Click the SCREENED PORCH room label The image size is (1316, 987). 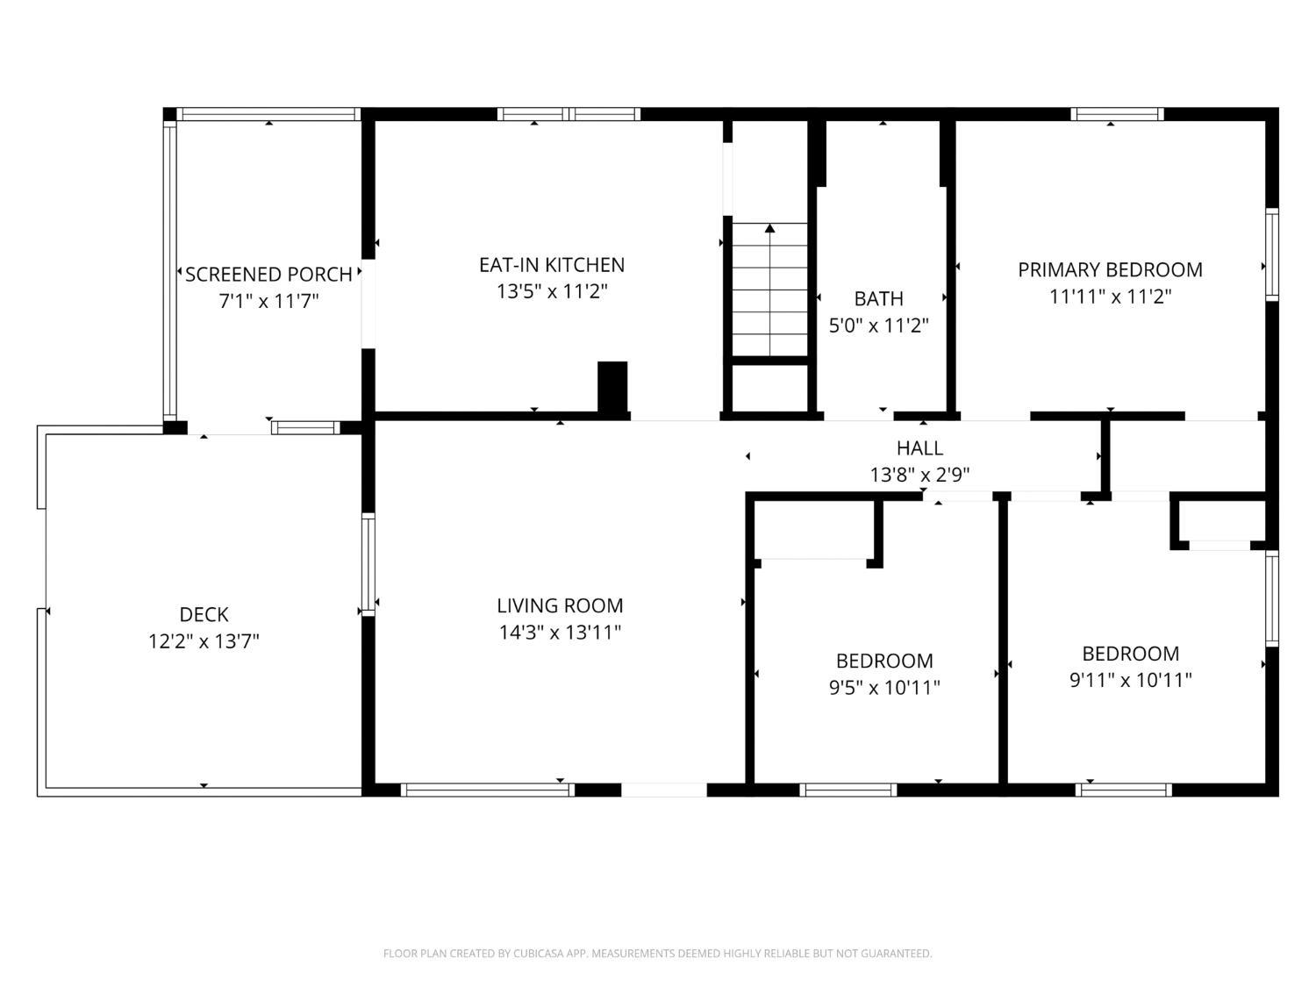pyautogui.click(x=268, y=275)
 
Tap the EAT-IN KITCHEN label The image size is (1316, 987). pyautogui.click(x=552, y=265)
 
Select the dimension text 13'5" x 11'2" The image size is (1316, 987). pyautogui.click(x=552, y=291)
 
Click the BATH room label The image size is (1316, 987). pyautogui.click(x=878, y=299)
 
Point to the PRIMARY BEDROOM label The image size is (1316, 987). pyautogui.click(x=1110, y=270)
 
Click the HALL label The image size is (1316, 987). pyautogui.click(x=919, y=448)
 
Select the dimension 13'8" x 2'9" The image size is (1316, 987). pyautogui.click(x=919, y=475)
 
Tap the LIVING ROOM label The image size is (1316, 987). pyautogui.click(x=560, y=605)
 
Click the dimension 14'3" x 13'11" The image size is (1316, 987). pyautogui.click(x=560, y=632)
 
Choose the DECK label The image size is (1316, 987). pyautogui.click(x=204, y=615)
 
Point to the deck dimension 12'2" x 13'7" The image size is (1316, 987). pyautogui.click(x=204, y=641)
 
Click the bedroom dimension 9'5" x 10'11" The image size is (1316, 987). pyautogui.click(x=884, y=688)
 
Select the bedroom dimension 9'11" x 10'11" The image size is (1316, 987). pyautogui.click(x=1130, y=680)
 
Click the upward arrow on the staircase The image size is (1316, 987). pyautogui.click(x=769, y=230)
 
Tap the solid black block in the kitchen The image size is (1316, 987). pyautogui.click(x=612, y=386)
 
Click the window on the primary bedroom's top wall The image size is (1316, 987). pyautogui.click(x=1117, y=114)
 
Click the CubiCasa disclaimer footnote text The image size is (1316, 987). pyautogui.click(x=657, y=954)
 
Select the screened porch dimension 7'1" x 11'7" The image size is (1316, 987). pyautogui.click(x=268, y=301)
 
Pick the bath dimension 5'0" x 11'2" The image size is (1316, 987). pyautogui.click(x=878, y=325)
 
